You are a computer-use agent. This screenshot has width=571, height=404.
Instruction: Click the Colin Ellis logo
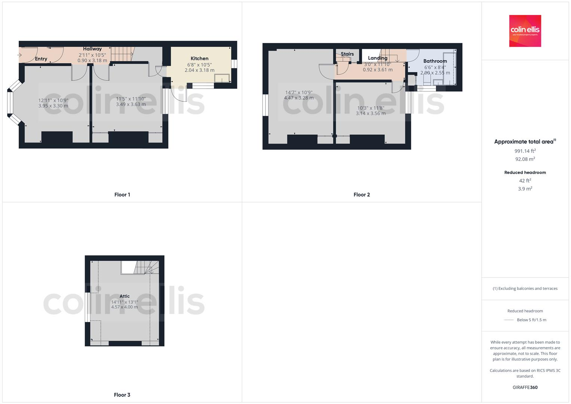pyautogui.click(x=525, y=31)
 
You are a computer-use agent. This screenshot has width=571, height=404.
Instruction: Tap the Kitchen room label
pyautogui.click(x=199, y=58)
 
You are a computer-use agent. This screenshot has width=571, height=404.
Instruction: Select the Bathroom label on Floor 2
pyautogui.click(x=435, y=61)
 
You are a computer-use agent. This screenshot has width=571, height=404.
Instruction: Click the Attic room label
pyautogui.click(x=125, y=296)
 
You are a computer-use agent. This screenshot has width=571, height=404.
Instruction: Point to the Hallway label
pyautogui.click(x=92, y=49)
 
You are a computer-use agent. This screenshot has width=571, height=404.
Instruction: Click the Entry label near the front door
pyautogui.click(x=41, y=59)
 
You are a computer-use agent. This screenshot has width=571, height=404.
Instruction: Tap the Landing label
pyautogui.click(x=377, y=58)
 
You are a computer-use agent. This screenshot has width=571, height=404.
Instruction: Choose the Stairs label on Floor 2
pyautogui.click(x=347, y=54)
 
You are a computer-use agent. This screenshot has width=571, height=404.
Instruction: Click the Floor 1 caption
pyautogui.click(x=122, y=195)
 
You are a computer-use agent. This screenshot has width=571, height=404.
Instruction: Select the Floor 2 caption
pyautogui.click(x=362, y=195)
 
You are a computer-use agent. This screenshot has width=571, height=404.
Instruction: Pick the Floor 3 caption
pyautogui.click(x=122, y=395)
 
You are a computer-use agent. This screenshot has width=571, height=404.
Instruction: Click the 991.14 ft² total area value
pyautogui.click(x=525, y=151)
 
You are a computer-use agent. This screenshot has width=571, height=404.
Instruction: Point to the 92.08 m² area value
pyautogui.click(x=525, y=159)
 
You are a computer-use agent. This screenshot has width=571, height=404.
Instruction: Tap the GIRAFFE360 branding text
pyautogui.click(x=525, y=387)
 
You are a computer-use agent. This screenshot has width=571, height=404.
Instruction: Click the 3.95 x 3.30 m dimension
pyautogui.click(x=53, y=106)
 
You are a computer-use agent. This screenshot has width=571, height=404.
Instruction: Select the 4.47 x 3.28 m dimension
pyautogui.click(x=299, y=98)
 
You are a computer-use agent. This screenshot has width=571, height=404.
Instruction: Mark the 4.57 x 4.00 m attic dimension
pyautogui.click(x=125, y=307)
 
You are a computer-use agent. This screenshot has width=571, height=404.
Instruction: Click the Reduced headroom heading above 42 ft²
pyautogui.click(x=525, y=172)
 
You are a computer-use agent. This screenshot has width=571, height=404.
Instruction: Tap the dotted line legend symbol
pyautogui.click(x=509, y=320)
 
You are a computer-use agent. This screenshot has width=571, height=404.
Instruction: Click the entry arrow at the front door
pyautogui.click(x=19, y=55)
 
